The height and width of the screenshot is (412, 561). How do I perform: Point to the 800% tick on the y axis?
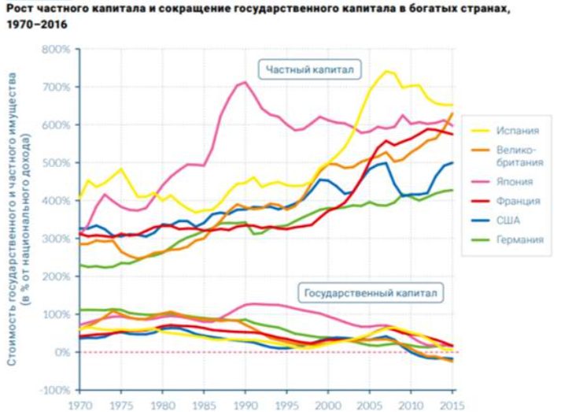click(58, 50)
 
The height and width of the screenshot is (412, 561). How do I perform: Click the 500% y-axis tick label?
click(58, 163)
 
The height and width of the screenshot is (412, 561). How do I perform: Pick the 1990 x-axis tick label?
click(244, 404)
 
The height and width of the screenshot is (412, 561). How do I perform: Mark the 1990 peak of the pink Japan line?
click(245, 82)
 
